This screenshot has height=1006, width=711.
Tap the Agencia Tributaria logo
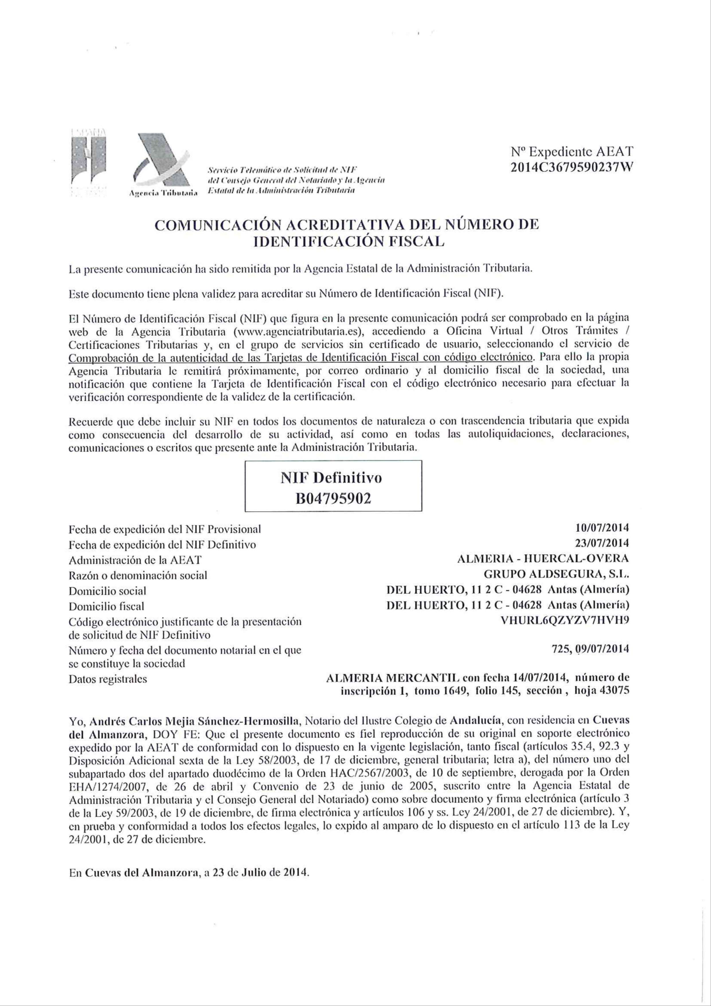pyautogui.click(x=162, y=167)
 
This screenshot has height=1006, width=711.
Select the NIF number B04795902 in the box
pyautogui.click(x=333, y=498)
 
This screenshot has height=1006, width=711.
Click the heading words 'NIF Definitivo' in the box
pyautogui.click(x=333, y=477)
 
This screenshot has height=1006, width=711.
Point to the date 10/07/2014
pyautogui.click(x=602, y=528)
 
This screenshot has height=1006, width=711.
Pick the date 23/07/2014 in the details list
pyautogui.click(x=602, y=543)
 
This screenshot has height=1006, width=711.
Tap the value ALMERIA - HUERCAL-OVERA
pyautogui.click(x=542, y=559)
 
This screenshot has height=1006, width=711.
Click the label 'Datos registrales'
pyautogui.click(x=108, y=679)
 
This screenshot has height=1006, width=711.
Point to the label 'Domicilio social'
pyautogui.click(x=107, y=591)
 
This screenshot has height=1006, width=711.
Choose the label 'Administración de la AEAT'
pyautogui.click(x=135, y=560)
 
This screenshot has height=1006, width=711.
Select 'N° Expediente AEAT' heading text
pyautogui.click(x=572, y=152)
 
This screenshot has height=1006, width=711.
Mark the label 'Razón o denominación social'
pyautogui.click(x=138, y=575)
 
